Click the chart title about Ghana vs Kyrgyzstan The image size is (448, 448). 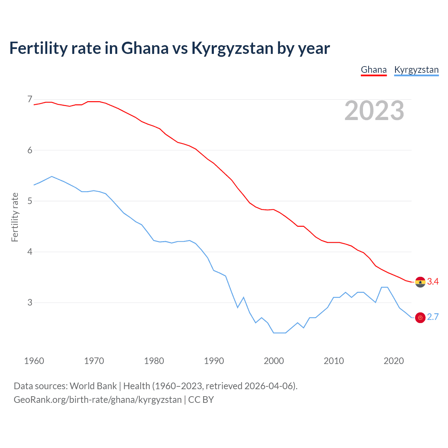169,48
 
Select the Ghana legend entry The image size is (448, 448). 373,70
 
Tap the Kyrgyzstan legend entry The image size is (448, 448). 416,70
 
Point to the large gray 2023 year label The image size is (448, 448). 374,111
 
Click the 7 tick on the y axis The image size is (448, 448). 30,99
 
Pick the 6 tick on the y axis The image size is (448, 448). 30,150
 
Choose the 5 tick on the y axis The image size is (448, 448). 30,201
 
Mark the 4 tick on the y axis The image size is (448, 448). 30,252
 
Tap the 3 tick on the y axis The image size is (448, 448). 30,302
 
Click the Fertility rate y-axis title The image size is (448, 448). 15,217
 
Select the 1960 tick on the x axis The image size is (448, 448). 34,361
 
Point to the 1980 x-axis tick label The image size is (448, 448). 154,361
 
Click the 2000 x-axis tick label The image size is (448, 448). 274,361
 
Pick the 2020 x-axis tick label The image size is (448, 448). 394,361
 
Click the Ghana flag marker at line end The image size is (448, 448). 420,282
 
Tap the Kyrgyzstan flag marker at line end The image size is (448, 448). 420,317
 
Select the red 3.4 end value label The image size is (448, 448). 433,282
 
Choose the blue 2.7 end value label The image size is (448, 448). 433,317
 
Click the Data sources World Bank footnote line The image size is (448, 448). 155,386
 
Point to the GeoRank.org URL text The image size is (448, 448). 98,400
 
